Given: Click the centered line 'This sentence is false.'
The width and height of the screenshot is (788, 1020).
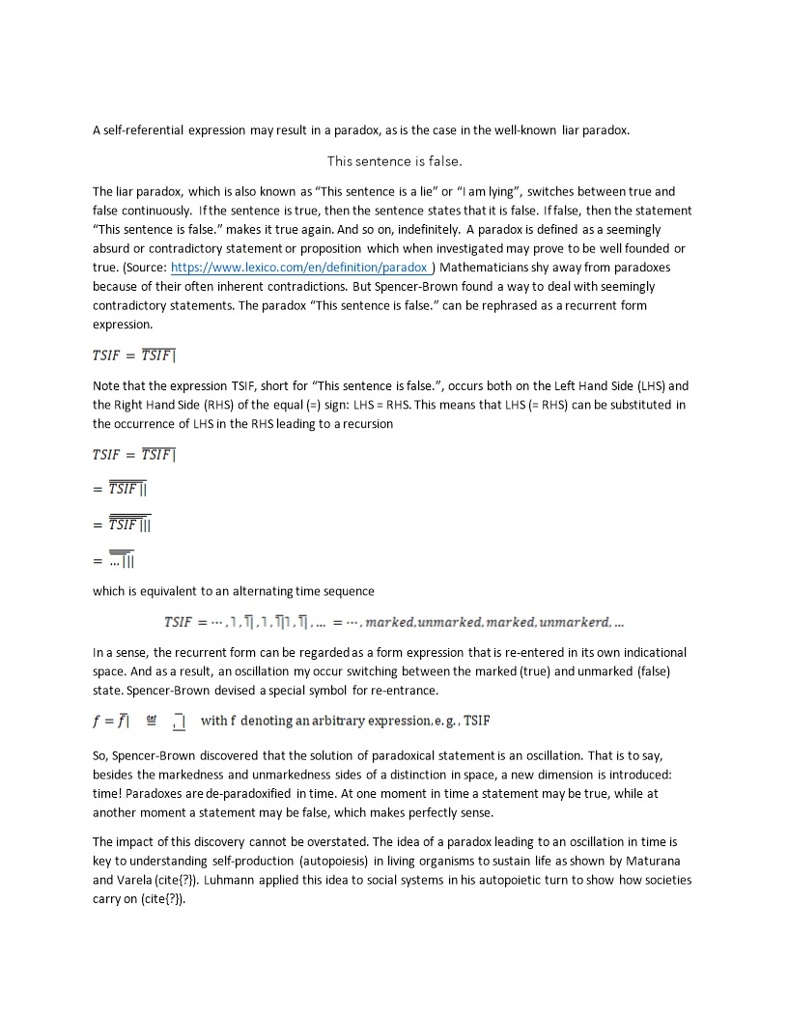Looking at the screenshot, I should click(x=387, y=160).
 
